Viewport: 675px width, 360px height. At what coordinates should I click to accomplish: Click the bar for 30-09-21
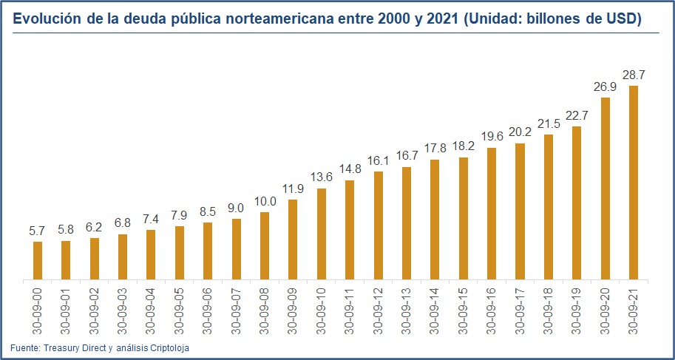pos(634,183)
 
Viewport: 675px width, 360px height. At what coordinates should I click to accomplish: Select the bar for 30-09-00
pos(38,261)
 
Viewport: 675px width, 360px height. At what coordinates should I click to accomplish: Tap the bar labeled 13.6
pos(322,234)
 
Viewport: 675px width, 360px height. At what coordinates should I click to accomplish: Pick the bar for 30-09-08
pos(265,246)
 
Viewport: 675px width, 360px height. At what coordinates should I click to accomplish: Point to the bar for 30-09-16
pos(492,214)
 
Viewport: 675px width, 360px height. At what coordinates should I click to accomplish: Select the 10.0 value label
pos(265,202)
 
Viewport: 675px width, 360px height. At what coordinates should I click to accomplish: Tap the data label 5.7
pos(38,231)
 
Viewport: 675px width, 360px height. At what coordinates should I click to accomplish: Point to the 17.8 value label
pos(435,149)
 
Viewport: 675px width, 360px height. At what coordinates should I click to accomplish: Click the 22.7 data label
pos(577,116)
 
